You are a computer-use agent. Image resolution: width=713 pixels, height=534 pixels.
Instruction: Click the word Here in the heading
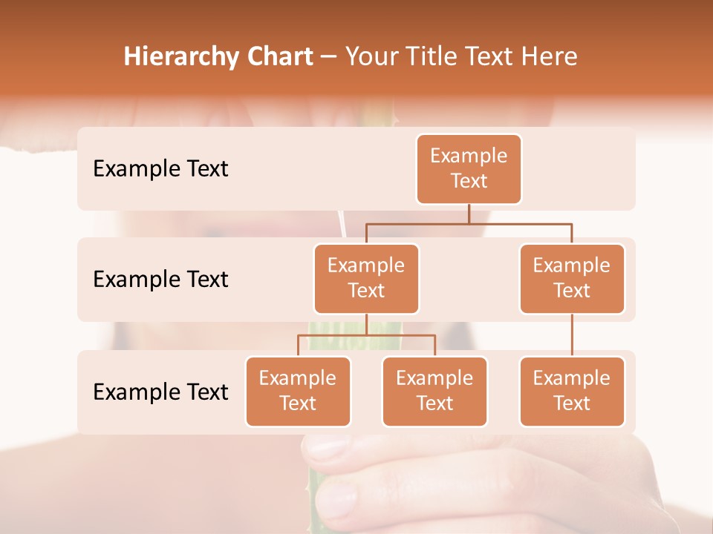pos(549,56)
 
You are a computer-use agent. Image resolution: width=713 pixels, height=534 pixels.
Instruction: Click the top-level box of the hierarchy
pos(469,168)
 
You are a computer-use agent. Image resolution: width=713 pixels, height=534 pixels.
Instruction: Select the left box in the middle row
pos(366,278)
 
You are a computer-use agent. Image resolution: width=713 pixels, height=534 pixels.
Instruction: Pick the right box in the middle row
pos(572,278)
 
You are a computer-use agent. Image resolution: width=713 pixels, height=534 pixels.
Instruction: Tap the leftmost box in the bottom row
pos(298,391)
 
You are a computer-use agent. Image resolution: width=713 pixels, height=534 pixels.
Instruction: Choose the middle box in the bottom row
pos(434,391)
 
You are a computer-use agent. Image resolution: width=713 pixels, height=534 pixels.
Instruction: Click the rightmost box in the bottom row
pos(572,391)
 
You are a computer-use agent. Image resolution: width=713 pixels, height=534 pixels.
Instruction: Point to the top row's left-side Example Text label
pos(160,168)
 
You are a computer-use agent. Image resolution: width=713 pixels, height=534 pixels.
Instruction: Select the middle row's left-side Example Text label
pos(160,279)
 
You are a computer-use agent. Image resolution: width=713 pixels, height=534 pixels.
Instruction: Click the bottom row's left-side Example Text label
pos(160,392)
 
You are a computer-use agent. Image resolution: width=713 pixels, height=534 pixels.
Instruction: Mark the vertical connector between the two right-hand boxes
pos(572,335)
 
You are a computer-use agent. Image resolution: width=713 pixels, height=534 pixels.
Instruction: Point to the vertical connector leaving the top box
pos(469,214)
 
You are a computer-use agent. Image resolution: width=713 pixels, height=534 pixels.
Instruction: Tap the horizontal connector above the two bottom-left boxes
pos(366,335)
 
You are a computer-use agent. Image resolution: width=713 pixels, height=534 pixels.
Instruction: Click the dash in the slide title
pos(329,56)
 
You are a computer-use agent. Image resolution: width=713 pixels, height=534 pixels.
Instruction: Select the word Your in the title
pos(369,56)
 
